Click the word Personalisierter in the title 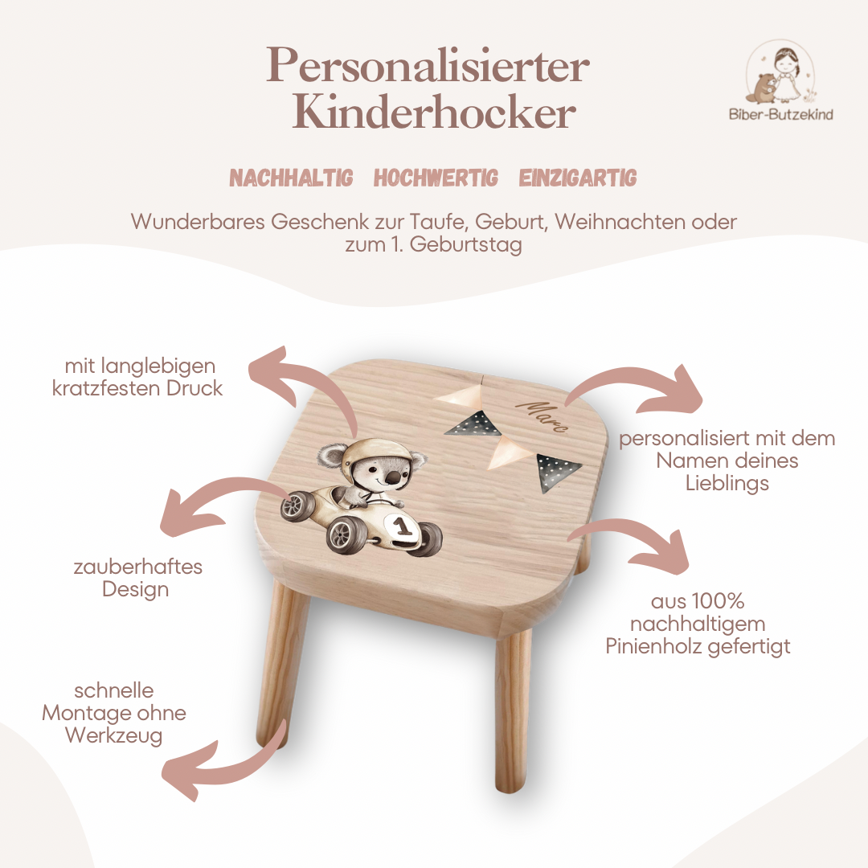pyautogui.click(x=428, y=66)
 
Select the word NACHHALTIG pyautogui.click(x=291, y=178)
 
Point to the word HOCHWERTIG pyautogui.click(x=436, y=178)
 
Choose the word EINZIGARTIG pyautogui.click(x=577, y=178)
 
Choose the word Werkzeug pyautogui.click(x=113, y=735)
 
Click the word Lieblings pyautogui.click(x=727, y=483)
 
